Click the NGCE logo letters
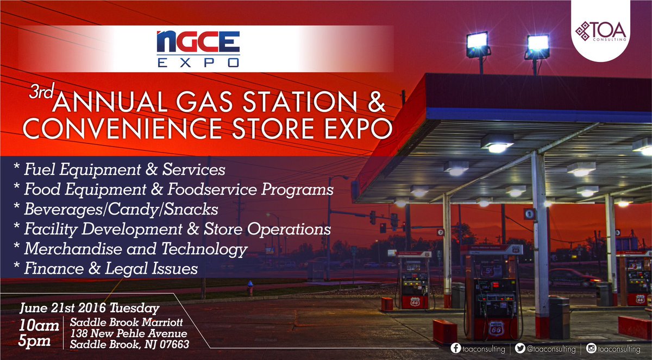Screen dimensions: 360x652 [198, 42]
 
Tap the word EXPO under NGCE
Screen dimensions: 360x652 [198, 63]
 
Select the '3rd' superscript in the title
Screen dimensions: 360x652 [42, 93]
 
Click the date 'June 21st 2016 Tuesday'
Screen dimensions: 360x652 [89, 308]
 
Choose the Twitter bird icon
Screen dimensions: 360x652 [519, 348]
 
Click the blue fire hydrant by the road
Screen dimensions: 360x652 [250, 287]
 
